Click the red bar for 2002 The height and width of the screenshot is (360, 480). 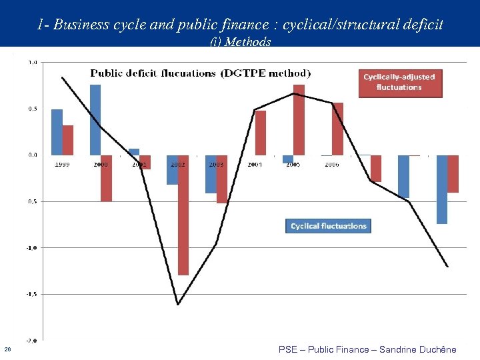point(183,215)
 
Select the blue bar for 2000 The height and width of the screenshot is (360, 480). point(95,119)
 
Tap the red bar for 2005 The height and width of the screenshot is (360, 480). point(299,119)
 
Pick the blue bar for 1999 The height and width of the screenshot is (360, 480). point(57,132)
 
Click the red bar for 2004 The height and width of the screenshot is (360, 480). point(260,133)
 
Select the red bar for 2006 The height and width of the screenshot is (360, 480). point(337,129)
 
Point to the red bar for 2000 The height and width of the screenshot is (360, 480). point(106,178)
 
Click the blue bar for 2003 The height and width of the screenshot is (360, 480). point(211,174)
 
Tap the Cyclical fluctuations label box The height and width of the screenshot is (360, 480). point(328,226)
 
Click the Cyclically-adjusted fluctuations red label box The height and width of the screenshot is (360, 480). point(400,82)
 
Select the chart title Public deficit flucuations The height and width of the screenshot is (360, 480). point(201,73)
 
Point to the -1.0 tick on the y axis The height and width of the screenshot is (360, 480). point(31,247)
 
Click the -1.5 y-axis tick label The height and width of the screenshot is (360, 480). point(31,293)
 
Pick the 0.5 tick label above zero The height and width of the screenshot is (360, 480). point(32,109)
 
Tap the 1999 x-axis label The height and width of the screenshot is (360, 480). point(62,164)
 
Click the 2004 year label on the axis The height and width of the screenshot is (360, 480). point(255,164)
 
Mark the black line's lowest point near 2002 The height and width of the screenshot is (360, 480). point(178,305)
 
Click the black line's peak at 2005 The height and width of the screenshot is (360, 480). point(294,93)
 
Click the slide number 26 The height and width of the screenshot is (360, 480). point(7,349)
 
